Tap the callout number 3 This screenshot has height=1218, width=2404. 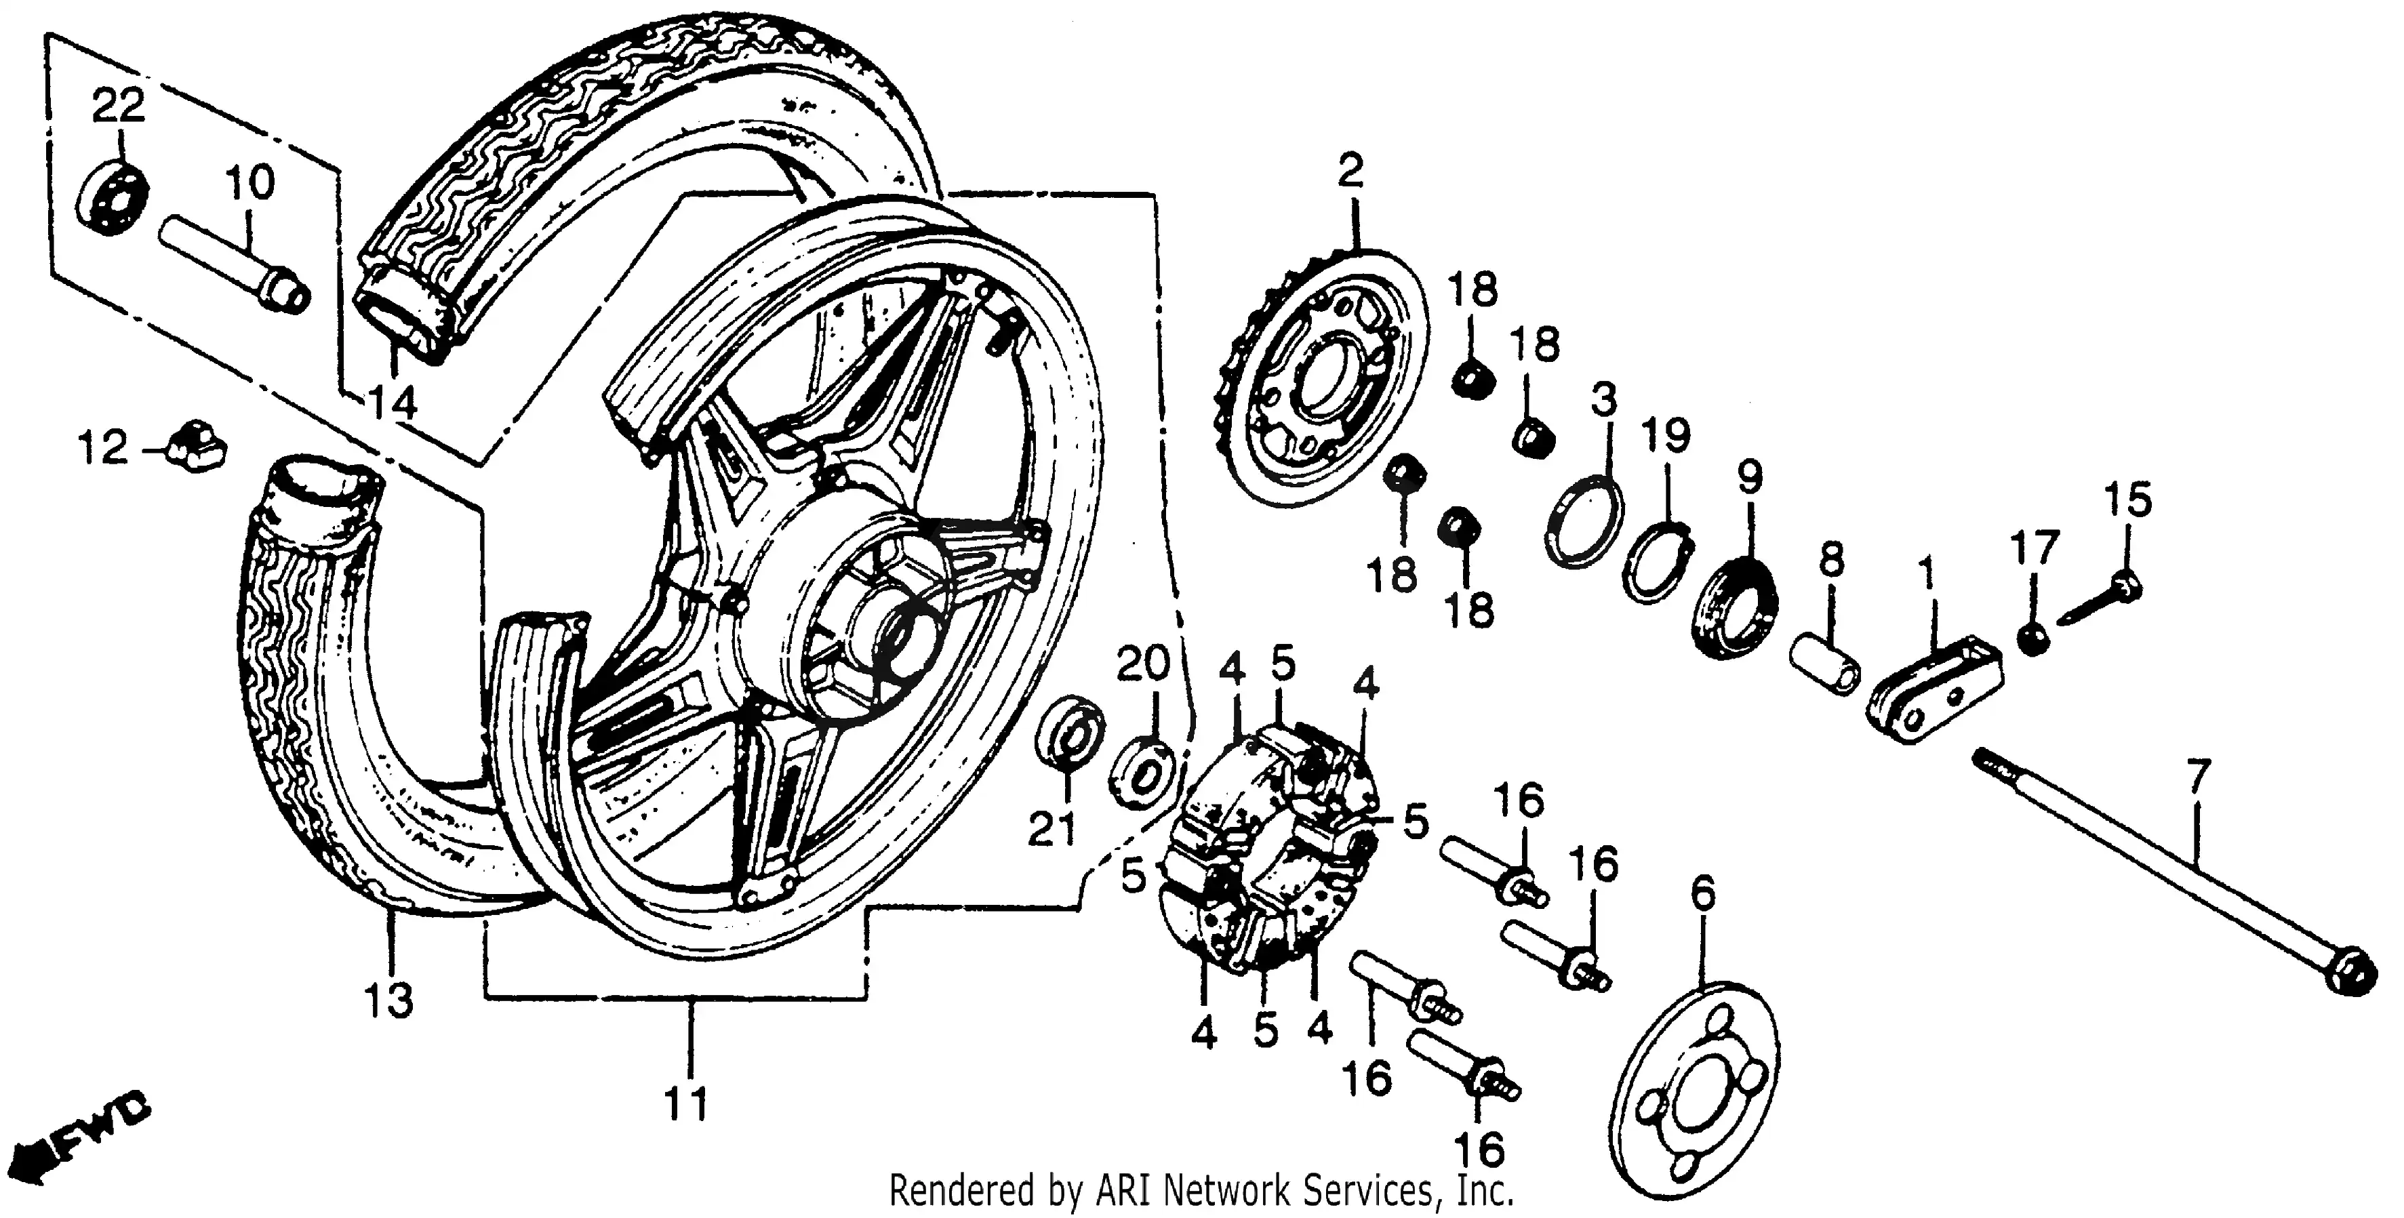(1603, 399)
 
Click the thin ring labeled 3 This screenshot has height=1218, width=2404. (1583, 523)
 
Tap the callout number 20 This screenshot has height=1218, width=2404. (1142, 664)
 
